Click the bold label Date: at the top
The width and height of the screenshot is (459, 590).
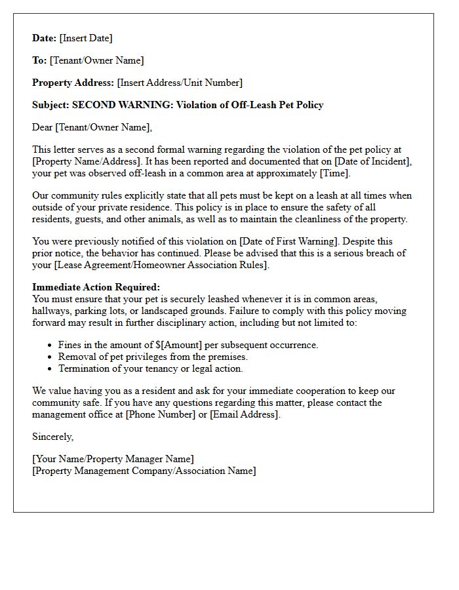(x=45, y=38)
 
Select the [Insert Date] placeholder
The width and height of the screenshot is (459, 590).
(x=86, y=38)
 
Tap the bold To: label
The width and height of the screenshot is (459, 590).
(x=39, y=60)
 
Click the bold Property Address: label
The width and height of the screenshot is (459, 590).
(x=73, y=83)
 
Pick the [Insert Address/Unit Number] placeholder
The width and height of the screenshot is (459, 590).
(x=180, y=83)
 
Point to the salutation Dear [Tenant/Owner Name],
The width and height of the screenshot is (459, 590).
(x=92, y=127)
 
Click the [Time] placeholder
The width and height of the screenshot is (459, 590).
(x=334, y=173)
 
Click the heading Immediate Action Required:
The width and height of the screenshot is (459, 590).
(x=96, y=287)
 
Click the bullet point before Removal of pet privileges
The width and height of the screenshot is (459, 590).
(x=50, y=357)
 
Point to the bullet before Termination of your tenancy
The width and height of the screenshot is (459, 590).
(x=50, y=368)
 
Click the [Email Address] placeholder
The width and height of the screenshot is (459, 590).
(x=244, y=414)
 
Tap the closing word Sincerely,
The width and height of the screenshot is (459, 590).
(x=53, y=437)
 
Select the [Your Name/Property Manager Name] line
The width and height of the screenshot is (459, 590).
(x=113, y=459)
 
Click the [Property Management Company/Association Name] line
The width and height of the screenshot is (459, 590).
(x=144, y=471)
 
